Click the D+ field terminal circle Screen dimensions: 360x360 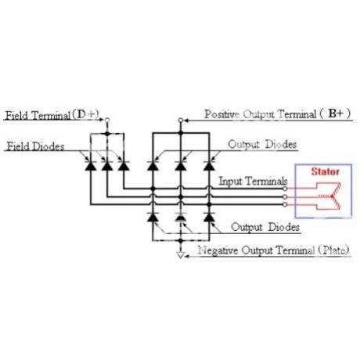pos(106,120)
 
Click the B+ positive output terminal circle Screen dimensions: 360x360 pos(181,121)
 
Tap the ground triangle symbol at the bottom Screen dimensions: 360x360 pos(181,255)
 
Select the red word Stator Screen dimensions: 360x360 pos(326,171)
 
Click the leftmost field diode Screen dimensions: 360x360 pos(91,166)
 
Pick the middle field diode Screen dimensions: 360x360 pos(107,166)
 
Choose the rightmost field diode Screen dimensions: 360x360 pos(124,166)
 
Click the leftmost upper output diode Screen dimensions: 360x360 pos(153,166)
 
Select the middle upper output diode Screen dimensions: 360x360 pos(181,166)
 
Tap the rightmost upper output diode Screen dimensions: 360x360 pos(209,166)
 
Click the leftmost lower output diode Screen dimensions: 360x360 pos(153,217)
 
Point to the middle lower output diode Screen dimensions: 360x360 pos(181,217)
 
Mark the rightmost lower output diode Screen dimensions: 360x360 pos(209,217)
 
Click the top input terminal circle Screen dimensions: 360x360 pos(285,189)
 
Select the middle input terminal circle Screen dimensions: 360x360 pos(285,196)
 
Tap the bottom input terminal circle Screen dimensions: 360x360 pos(285,204)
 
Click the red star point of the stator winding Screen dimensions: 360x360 pos(332,196)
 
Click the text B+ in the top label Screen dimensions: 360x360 pos(336,113)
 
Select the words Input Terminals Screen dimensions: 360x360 pos(253,181)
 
